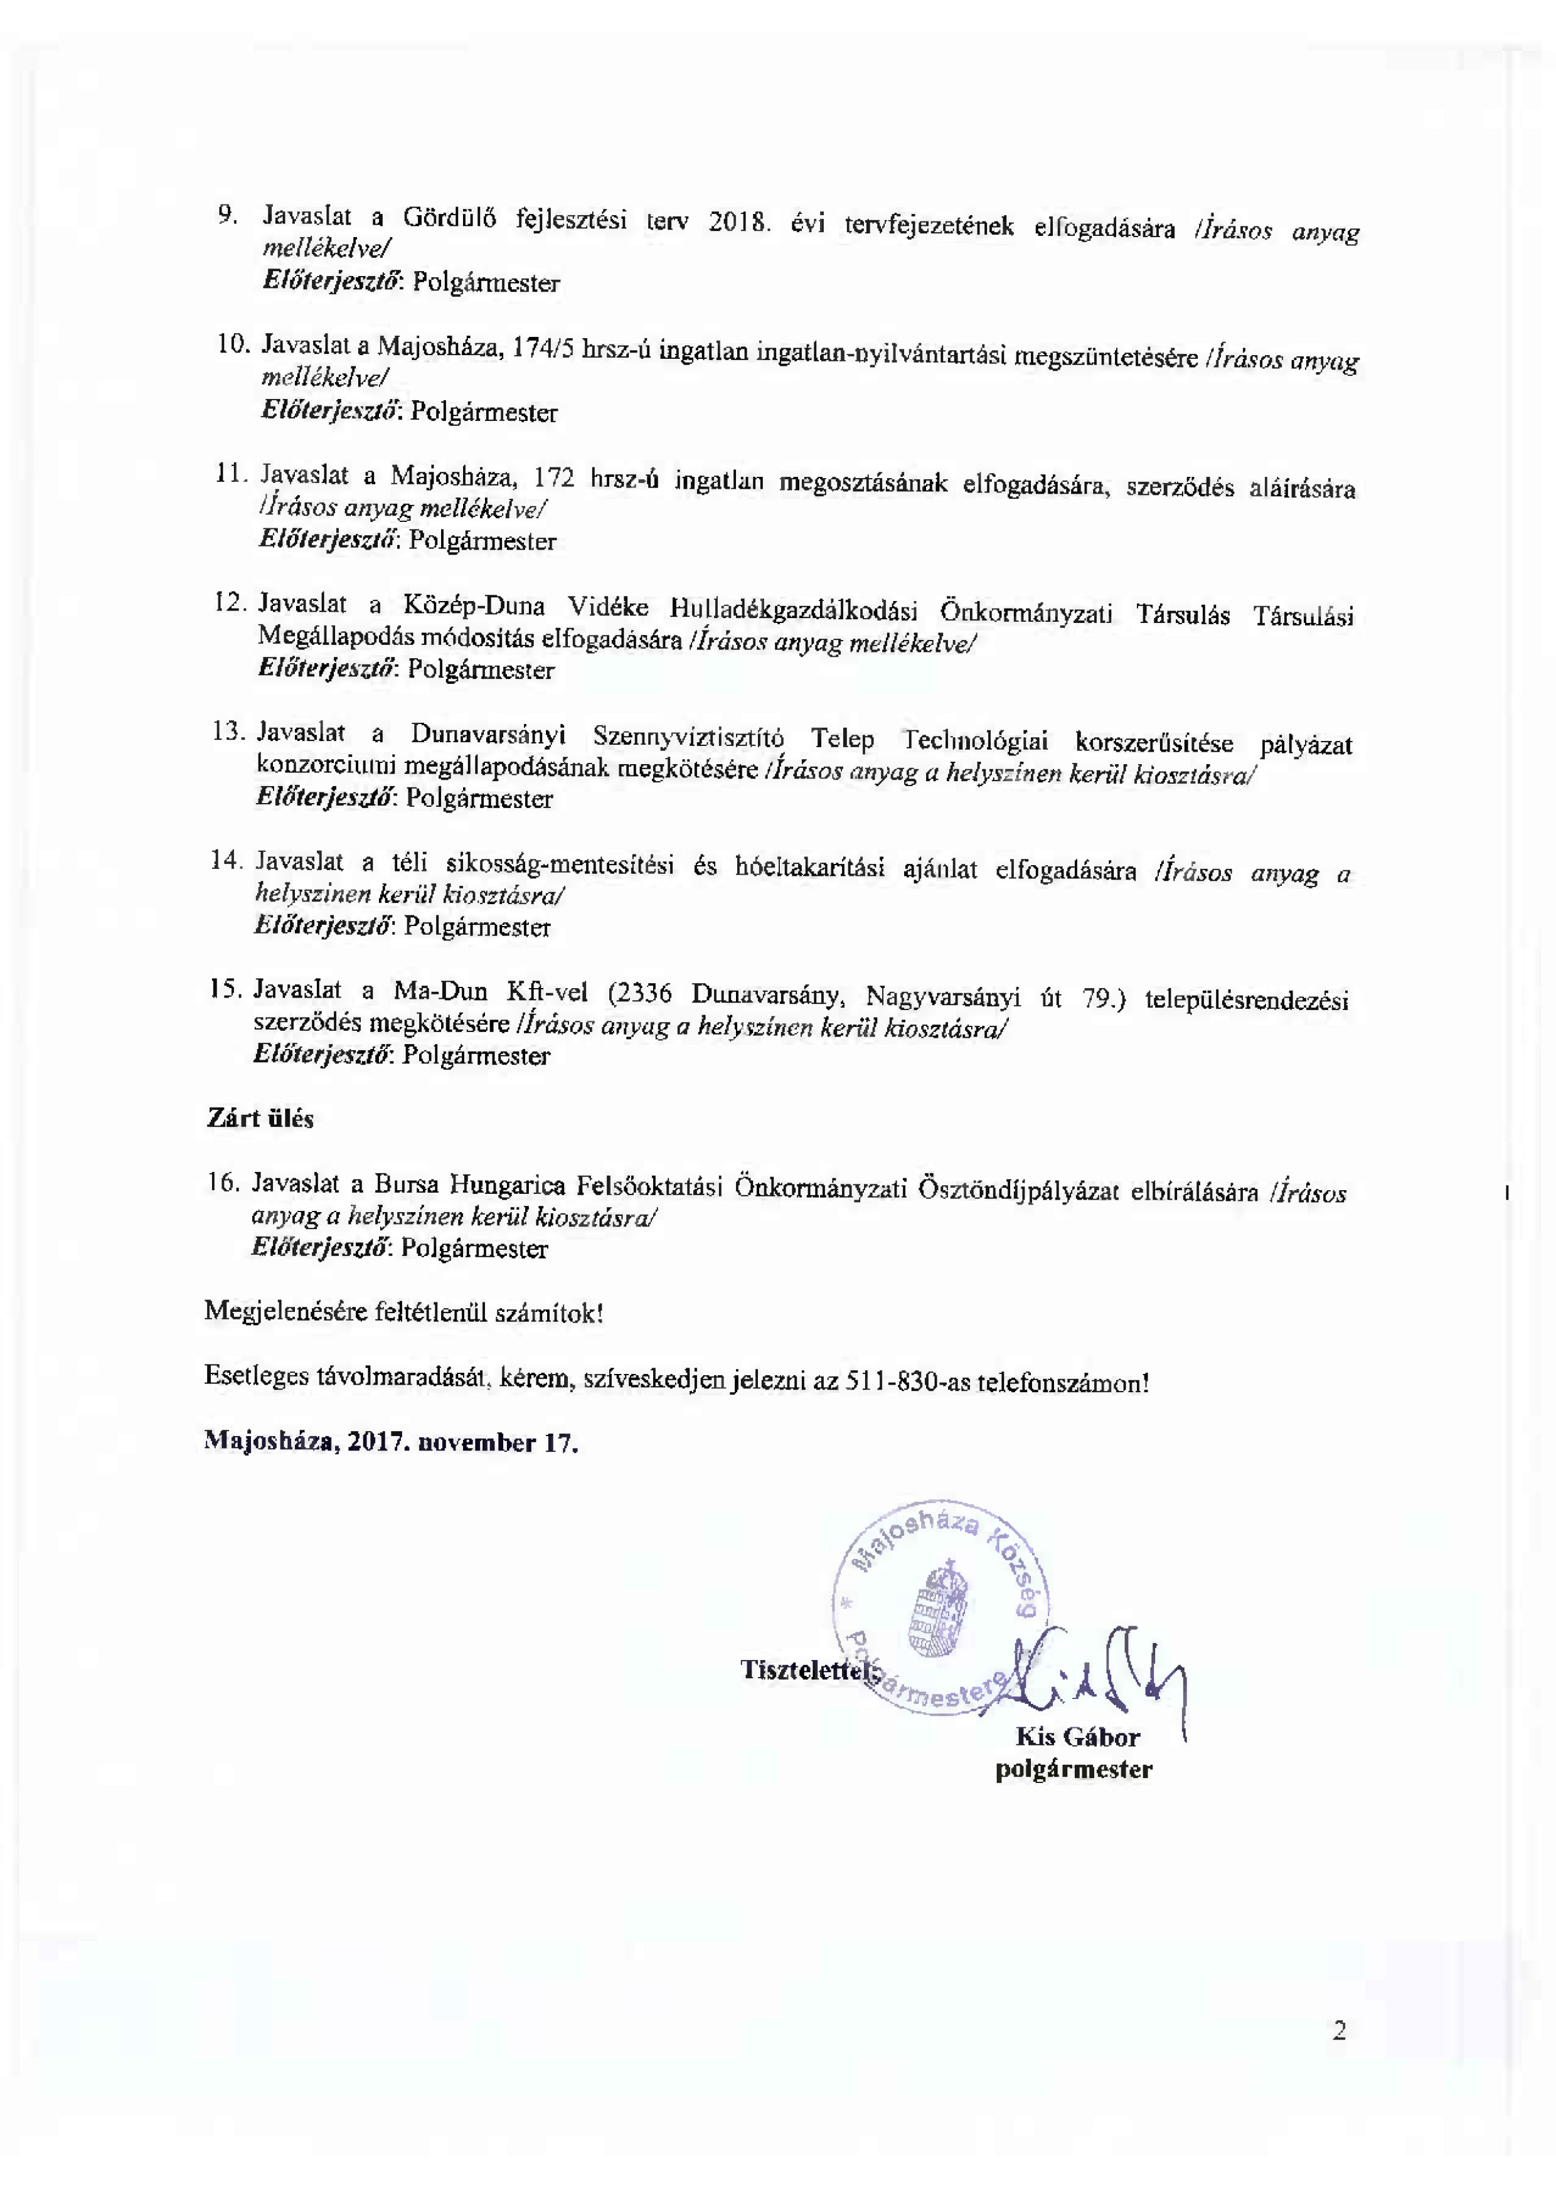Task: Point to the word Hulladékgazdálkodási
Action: (x=793, y=610)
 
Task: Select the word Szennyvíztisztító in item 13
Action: (x=688, y=738)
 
